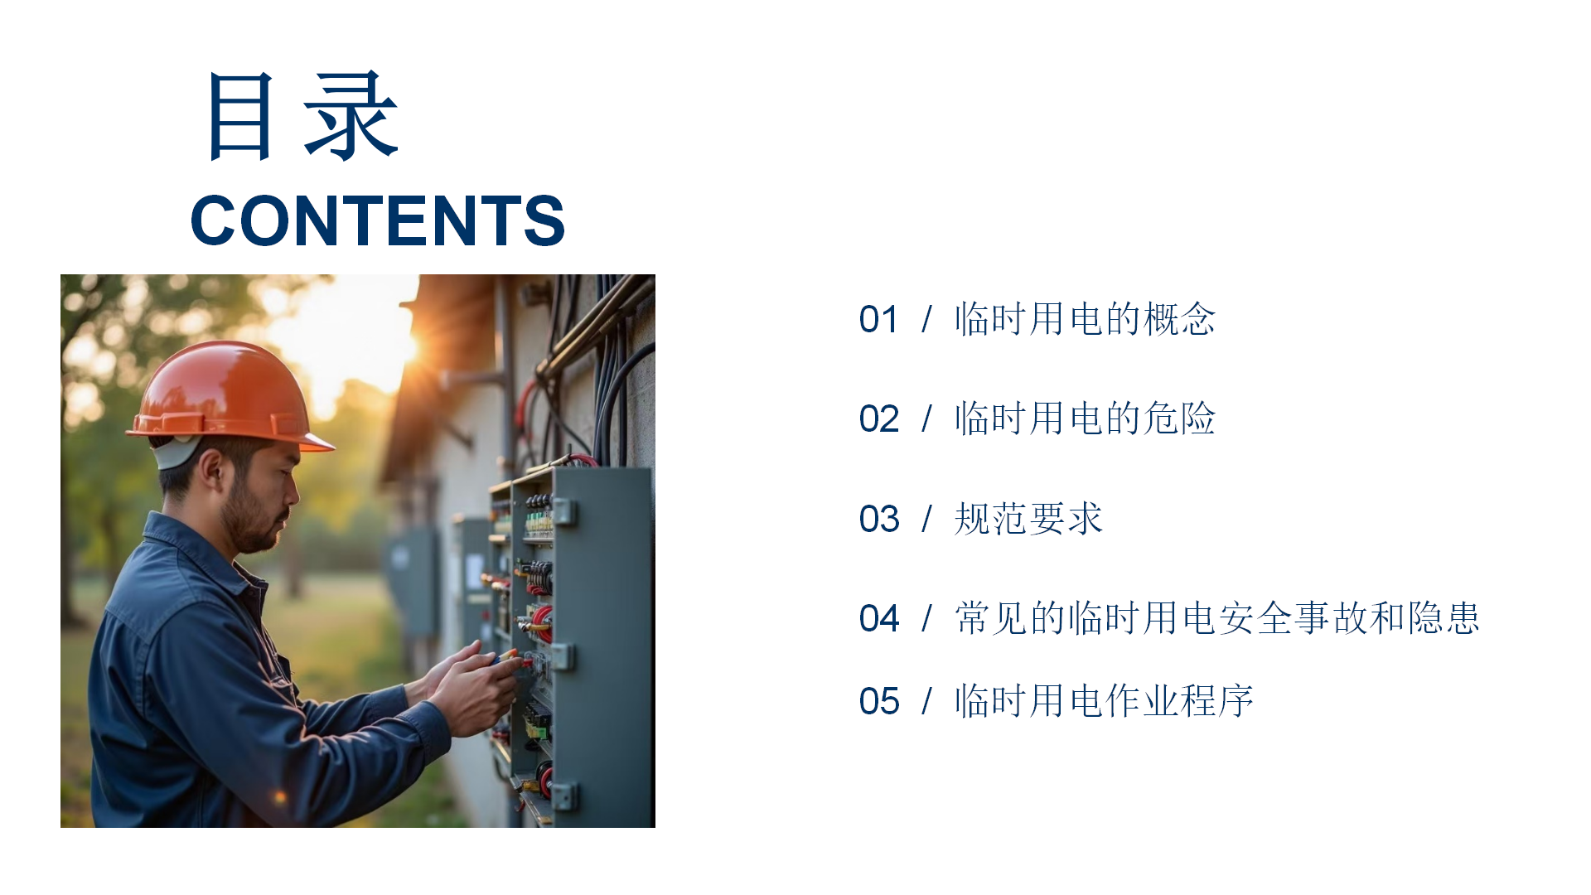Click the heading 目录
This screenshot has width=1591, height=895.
pos(303,116)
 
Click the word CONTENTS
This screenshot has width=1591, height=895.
pos(378,220)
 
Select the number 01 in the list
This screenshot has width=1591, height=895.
pos(879,320)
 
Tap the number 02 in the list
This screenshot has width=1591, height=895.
pos(879,419)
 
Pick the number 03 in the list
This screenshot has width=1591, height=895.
pos(879,520)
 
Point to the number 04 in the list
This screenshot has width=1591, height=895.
pos(879,619)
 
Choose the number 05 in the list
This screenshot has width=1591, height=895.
pos(879,702)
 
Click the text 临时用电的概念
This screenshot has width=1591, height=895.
pos(1085,319)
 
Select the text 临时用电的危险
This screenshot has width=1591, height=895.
pos(1085,418)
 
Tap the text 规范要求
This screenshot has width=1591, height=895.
pos(1028,519)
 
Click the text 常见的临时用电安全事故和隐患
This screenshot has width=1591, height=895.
pos(1216,618)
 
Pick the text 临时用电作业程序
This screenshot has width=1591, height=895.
pos(1104,701)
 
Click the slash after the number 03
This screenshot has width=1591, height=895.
pos(927,520)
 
